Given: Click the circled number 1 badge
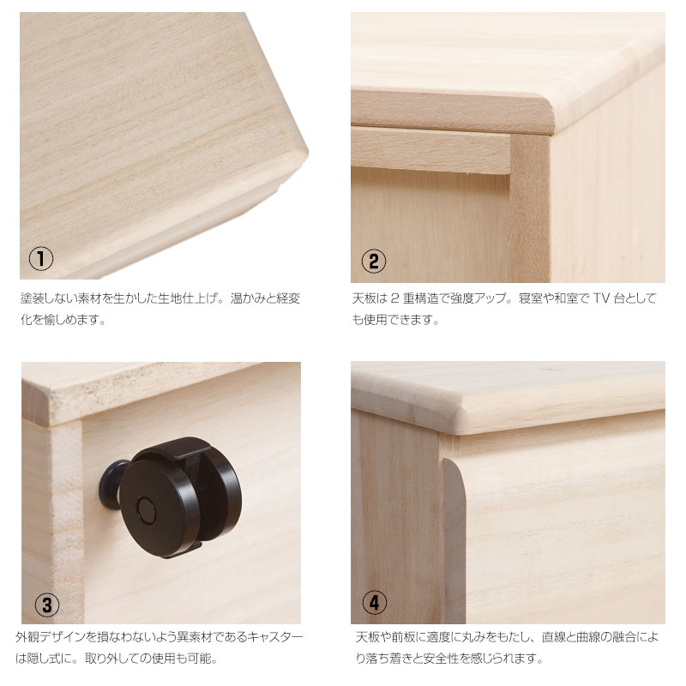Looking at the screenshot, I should [x=41, y=258].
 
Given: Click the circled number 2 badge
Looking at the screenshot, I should [x=372, y=261].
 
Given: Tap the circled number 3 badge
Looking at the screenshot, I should [x=46, y=605].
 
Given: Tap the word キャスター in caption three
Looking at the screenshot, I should [x=274, y=638].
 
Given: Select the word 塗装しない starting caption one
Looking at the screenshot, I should [x=47, y=298].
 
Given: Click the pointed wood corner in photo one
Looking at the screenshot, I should [x=302, y=154].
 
